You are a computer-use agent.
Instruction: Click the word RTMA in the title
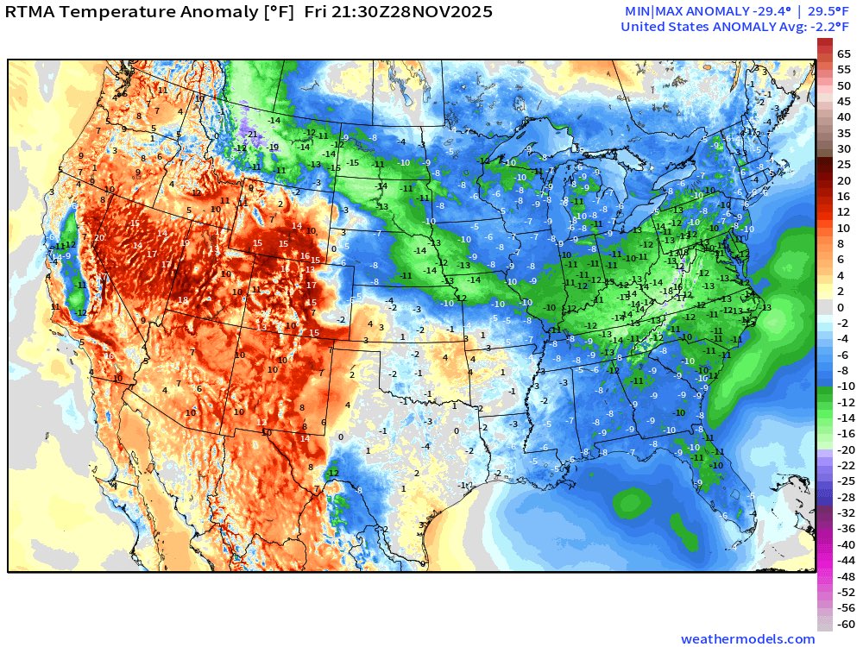tap(33, 12)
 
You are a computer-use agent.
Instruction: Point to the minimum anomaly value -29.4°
tap(721, 11)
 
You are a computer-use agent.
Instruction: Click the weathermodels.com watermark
tap(747, 639)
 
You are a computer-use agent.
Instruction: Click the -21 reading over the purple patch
tap(251, 135)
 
